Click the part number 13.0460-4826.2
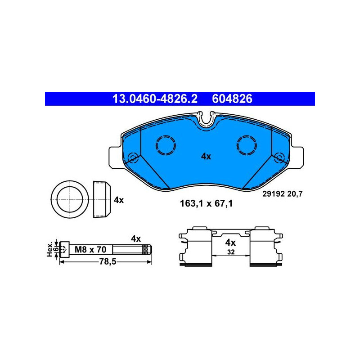tap(155, 99)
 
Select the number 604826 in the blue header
tap(232, 99)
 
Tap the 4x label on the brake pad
tap(206, 156)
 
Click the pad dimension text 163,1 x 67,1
tap(206, 203)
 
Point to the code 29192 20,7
tap(283, 194)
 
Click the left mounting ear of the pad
tap(115, 157)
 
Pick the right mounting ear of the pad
tap(297, 157)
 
